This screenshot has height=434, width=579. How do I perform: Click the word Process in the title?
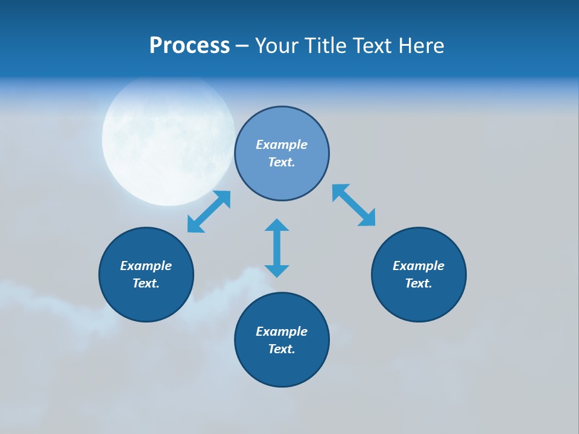pos(189,46)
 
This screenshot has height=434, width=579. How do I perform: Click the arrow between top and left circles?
pos(209,212)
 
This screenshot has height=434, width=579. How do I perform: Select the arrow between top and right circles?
pos(354,205)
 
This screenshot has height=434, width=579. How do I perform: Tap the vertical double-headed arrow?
pos(277,248)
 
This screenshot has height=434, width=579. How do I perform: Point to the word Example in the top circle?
pos(282,145)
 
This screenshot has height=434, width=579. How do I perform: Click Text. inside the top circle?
pos(282,162)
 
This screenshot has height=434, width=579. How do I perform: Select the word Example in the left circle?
pos(146,266)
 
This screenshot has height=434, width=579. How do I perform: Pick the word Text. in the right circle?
pos(419,283)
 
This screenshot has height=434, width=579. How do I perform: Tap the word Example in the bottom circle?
pos(282,332)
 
